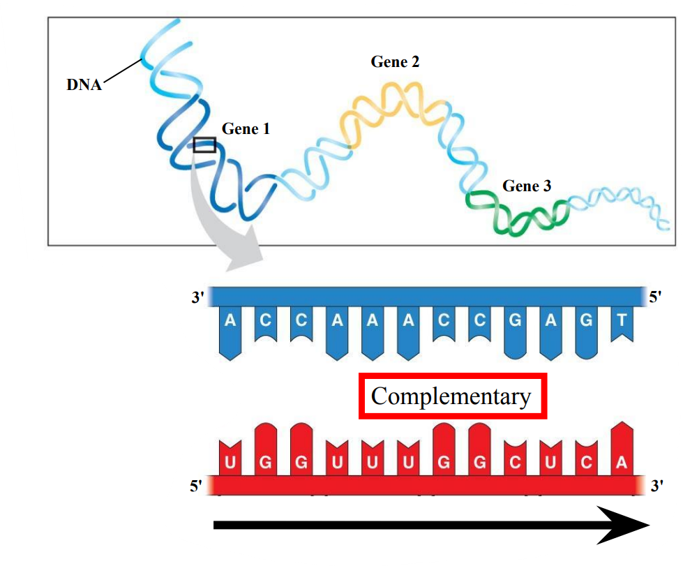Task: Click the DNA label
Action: point(84,85)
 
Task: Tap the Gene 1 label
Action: point(246,129)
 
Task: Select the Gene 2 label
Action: point(395,61)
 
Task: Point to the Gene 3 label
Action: point(527,186)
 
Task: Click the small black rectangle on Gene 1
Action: point(204,144)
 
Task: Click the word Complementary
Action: point(451,396)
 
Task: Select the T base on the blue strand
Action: point(622,322)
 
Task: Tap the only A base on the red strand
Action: point(622,462)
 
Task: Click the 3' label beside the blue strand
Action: point(197,298)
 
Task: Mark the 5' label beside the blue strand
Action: point(655,298)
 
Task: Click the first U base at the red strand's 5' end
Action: point(230,462)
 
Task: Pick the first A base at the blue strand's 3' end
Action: point(230,322)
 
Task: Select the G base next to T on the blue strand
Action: point(586,322)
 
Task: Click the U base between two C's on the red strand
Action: point(550,462)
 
